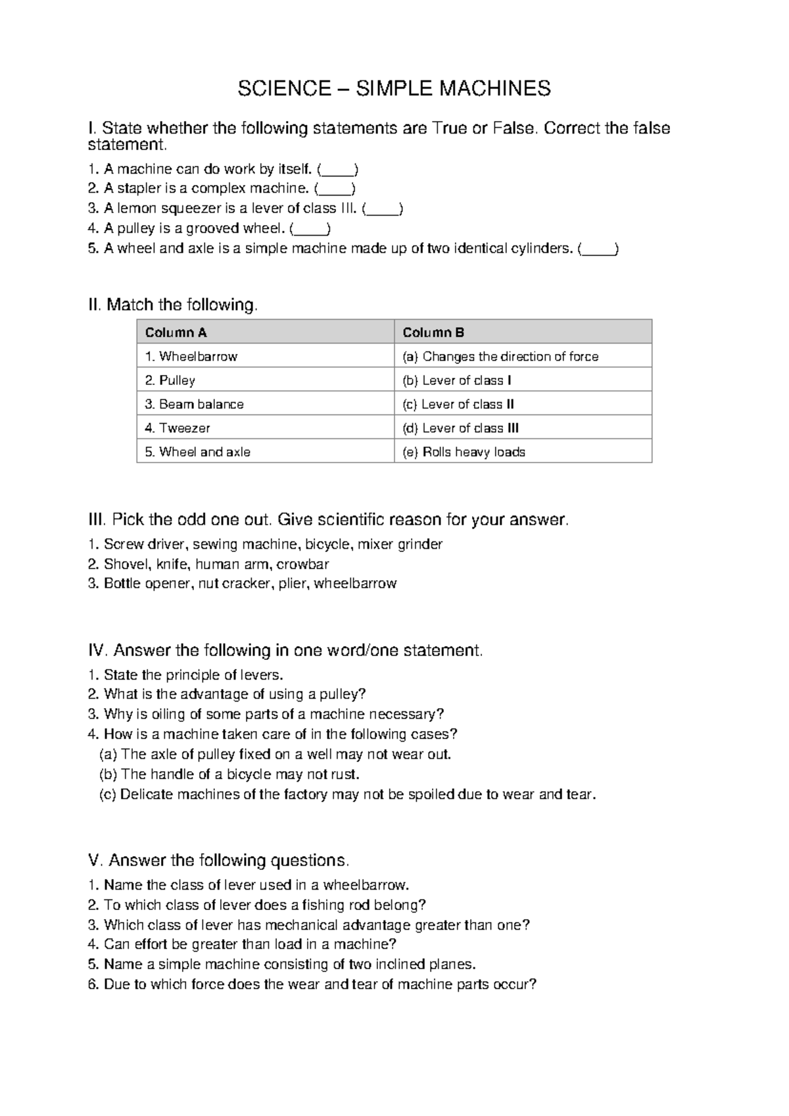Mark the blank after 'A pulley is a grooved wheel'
click(x=310, y=229)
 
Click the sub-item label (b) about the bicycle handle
click(x=108, y=774)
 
